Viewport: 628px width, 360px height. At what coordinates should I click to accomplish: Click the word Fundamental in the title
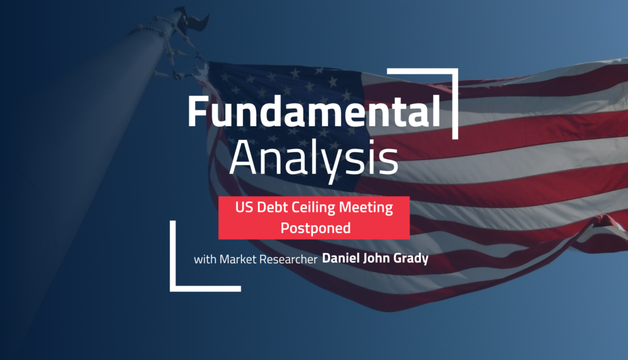tap(313, 113)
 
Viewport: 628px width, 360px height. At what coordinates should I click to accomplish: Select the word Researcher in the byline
tap(290, 259)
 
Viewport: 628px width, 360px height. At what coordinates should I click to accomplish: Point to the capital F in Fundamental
tap(197, 113)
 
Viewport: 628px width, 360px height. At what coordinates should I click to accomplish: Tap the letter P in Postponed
tap(285, 228)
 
